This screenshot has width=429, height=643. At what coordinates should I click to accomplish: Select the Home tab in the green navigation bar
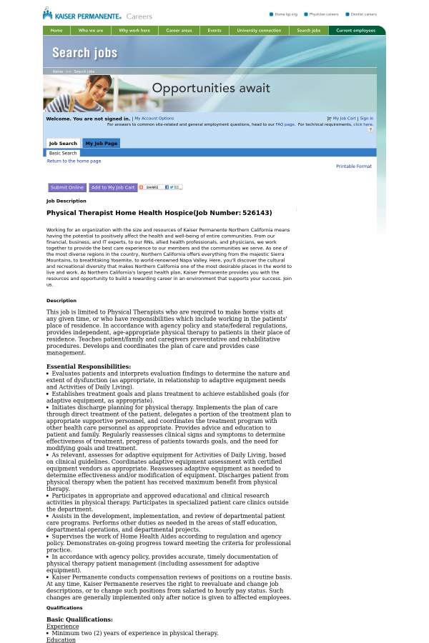coord(56,31)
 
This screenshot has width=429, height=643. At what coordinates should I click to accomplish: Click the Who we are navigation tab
coord(91,31)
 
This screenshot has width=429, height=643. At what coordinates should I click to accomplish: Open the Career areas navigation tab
coord(179,31)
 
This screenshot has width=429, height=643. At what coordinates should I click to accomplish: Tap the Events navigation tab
coord(214,31)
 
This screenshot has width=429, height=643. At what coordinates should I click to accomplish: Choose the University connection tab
coord(259,31)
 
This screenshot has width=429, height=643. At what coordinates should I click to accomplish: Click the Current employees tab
coord(355,31)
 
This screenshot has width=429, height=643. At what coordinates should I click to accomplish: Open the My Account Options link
coord(154,119)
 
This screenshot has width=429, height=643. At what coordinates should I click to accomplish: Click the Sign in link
coord(366,119)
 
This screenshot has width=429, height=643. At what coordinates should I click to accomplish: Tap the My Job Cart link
coord(344,119)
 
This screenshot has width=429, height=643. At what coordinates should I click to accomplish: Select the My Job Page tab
coord(101,144)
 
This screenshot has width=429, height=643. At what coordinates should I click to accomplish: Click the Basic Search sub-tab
coord(63,153)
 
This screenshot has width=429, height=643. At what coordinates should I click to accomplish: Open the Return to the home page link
coord(74,161)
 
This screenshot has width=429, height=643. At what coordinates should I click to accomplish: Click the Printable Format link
coord(354,166)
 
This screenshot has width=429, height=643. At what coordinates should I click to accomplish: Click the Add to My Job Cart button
coord(113,187)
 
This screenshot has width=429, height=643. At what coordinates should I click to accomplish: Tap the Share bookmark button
coord(161,187)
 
